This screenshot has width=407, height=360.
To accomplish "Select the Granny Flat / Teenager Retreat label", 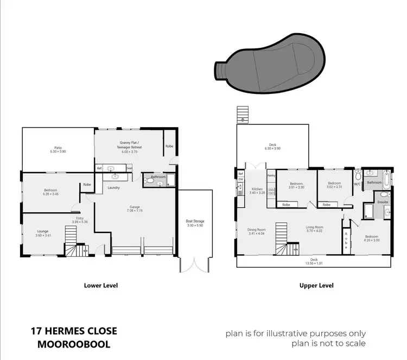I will pyautogui.click(x=130, y=144).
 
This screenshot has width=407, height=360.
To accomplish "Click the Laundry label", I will pyautogui.click(x=113, y=188).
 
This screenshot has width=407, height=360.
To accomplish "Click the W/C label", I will pyautogui.click(x=357, y=184).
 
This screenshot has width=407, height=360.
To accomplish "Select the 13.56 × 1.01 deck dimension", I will pyautogui.click(x=313, y=263).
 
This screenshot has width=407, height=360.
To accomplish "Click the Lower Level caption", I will pyautogui.click(x=100, y=285).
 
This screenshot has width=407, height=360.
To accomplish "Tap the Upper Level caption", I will pyautogui.click(x=317, y=285).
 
